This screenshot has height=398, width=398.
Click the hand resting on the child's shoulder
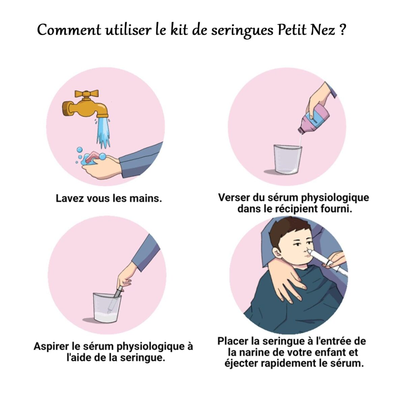click(287, 277)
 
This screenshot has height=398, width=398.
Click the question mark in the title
click(342, 30)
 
